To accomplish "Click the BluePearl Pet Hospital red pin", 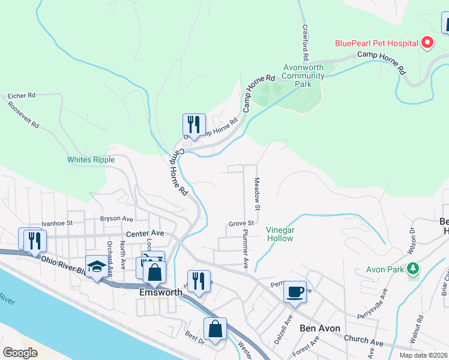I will point(427,43).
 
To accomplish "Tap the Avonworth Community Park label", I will point(303,76).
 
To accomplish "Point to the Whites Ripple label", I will point(86,160).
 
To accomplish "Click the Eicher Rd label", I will point(22,95).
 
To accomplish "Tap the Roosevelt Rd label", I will point(23,115).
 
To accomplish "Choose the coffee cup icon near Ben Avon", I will point(295,292).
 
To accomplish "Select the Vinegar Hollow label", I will point(280,234).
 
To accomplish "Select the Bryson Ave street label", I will point(116,219).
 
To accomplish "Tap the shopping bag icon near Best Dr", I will point(215,329).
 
